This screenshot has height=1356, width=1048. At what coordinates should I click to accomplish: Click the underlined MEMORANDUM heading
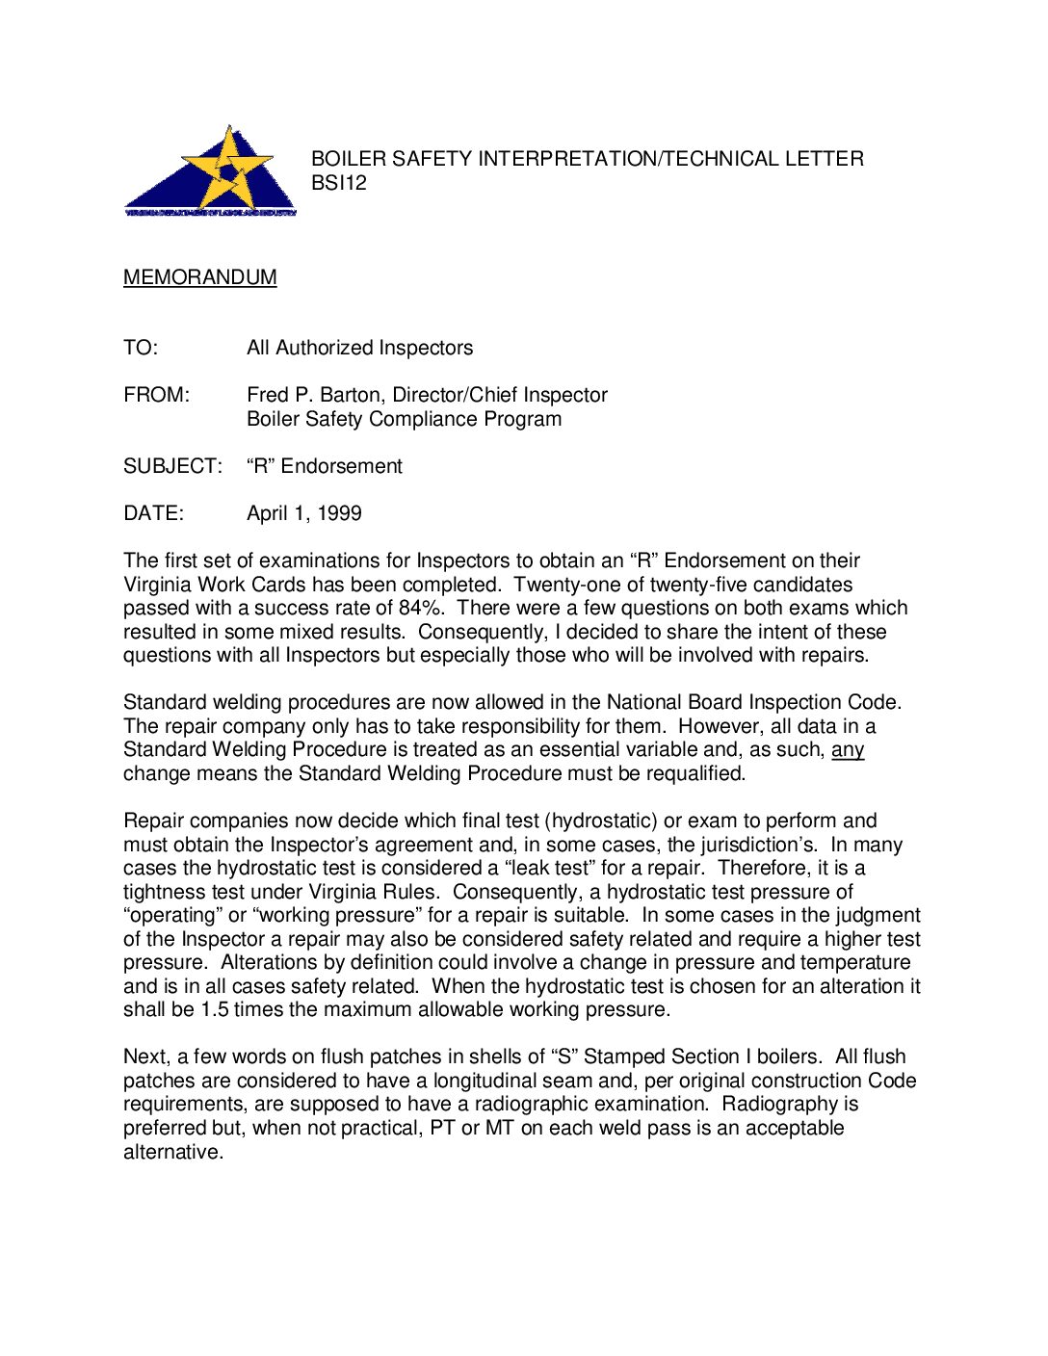pos(199,277)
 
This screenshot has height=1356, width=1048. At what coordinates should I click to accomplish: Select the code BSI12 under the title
pos(339,183)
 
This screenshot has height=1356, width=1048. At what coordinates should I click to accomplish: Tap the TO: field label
pos(141,348)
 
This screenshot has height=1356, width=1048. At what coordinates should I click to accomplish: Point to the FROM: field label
pos(157,395)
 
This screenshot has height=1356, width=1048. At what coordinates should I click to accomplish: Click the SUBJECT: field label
pos(172,466)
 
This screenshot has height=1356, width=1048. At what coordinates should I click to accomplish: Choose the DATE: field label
pos(153,513)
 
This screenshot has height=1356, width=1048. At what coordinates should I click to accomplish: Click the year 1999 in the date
pos(339,513)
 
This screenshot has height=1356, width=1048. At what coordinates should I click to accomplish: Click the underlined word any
pos(848,749)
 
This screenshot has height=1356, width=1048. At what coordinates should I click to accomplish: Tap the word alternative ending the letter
pos(172,1152)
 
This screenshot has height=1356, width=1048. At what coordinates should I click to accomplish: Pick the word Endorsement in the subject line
pos(341,466)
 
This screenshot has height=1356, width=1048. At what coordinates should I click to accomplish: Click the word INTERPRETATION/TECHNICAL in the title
pos(617,159)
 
